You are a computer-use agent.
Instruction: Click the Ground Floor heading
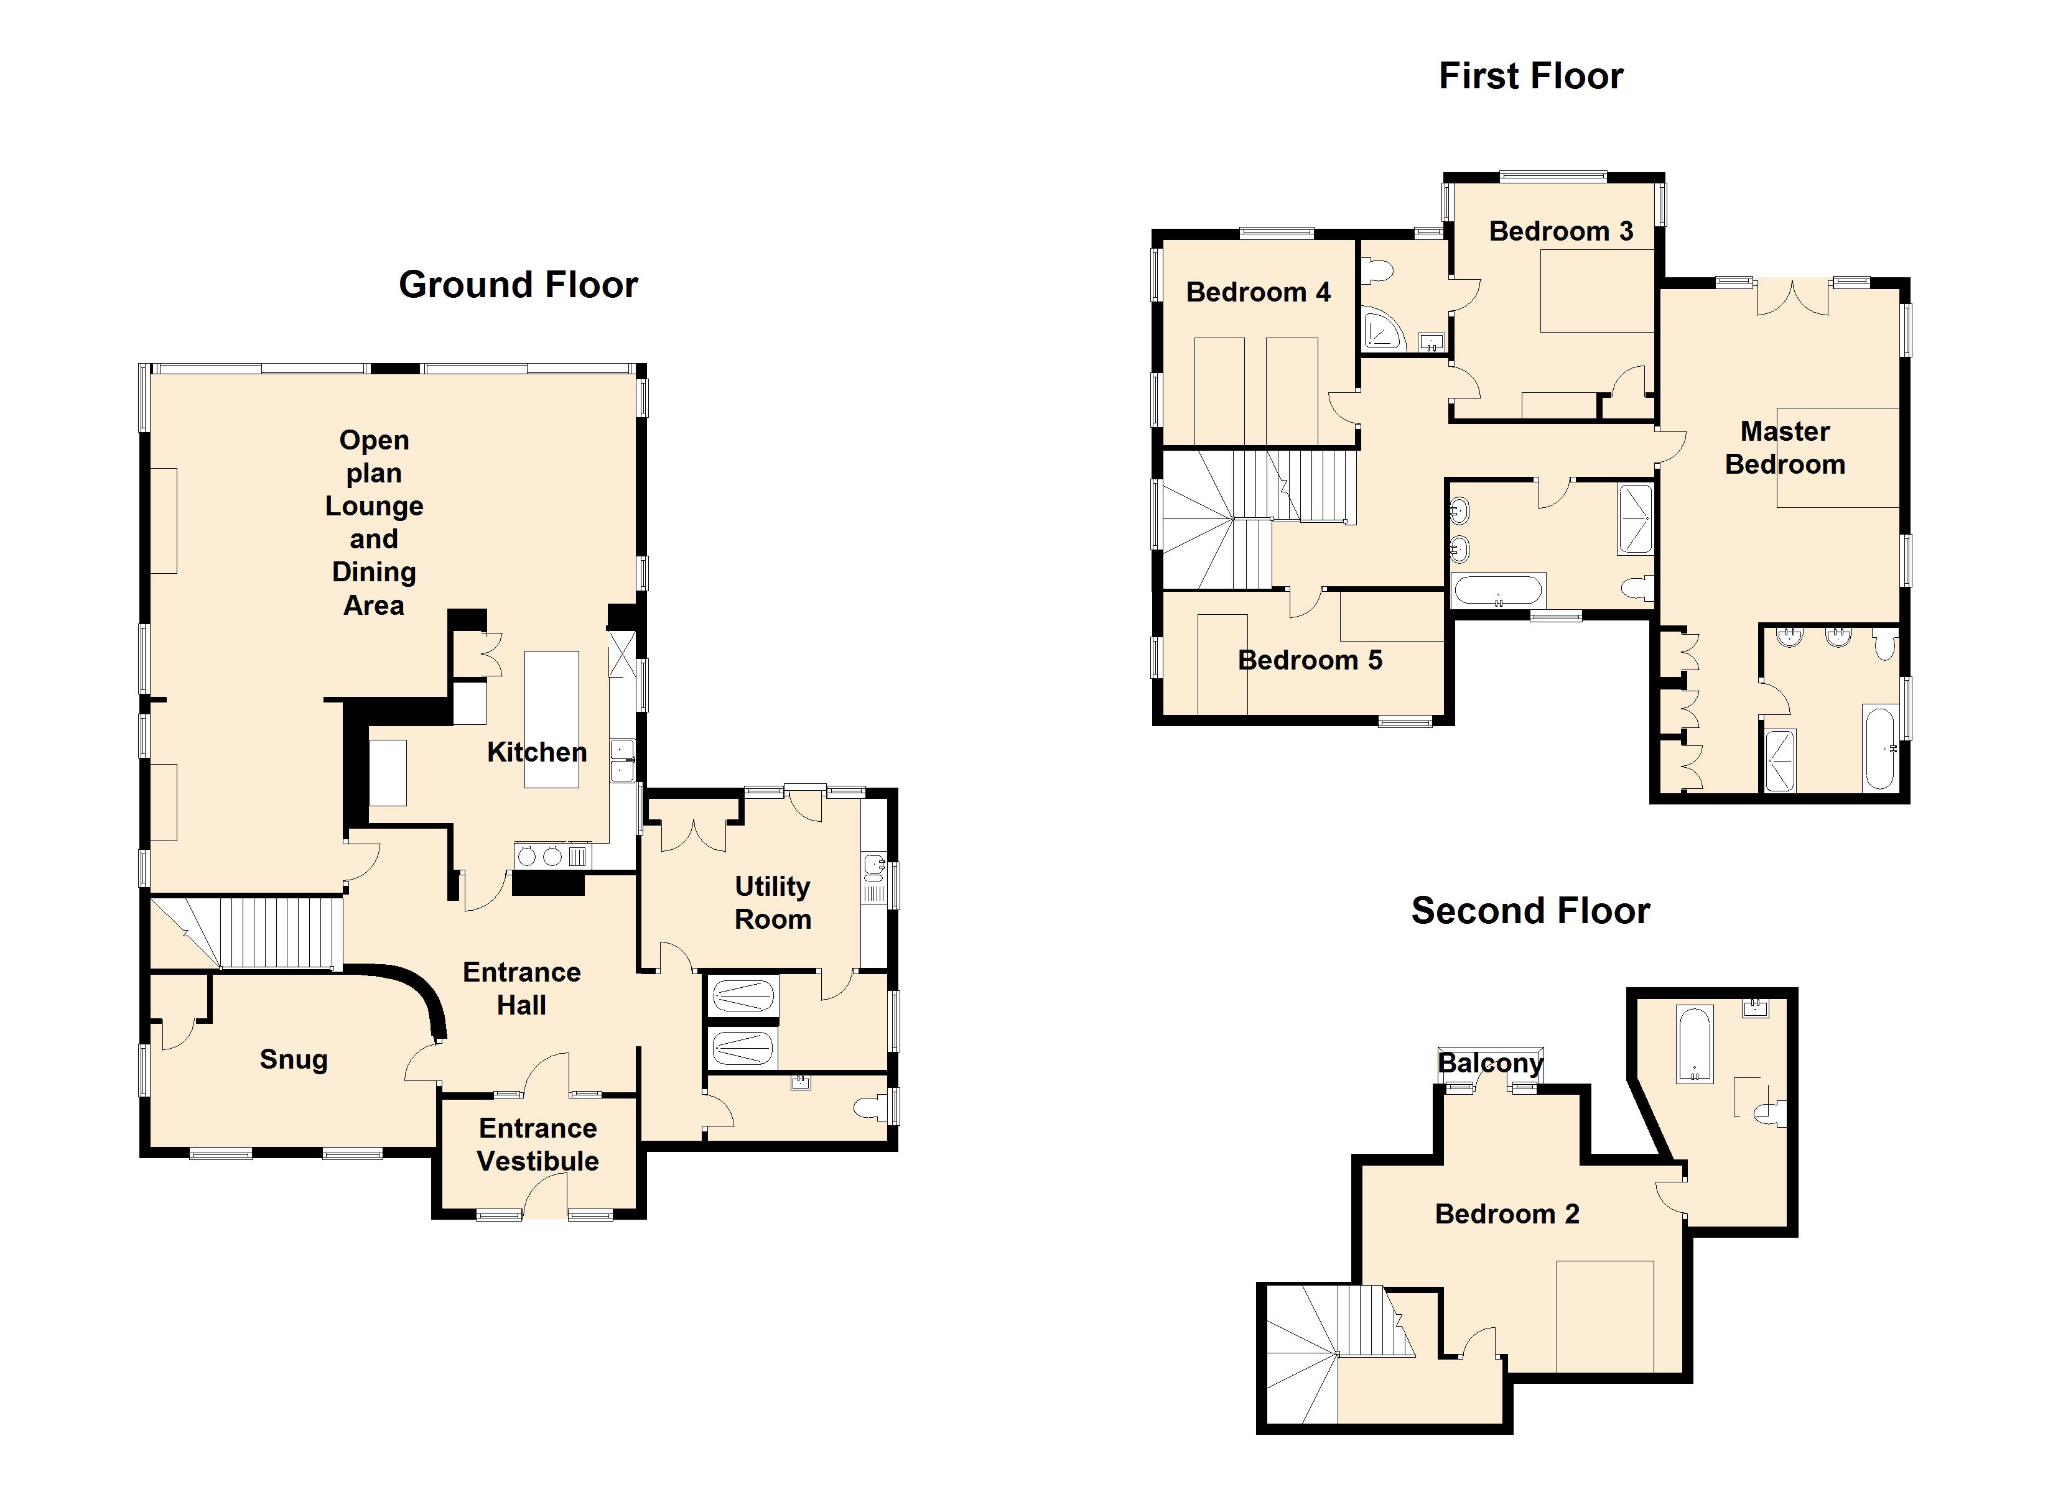pyautogui.click(x=519, y=285)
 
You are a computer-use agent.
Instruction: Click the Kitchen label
pyautogui.click(x=537, y=752)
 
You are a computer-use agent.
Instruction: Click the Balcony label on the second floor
pyautogui.click(x=1490, y=1063)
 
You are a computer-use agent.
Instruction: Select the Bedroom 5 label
pyautogui.click(x=1310, y=660)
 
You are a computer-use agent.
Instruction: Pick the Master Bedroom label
pyautogui.click(x=1785, y=448)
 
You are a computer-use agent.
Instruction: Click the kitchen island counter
pyautogui.click(x=552, y=719)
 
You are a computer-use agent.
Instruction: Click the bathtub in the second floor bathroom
pyautogui.click(x=1695, y=1044)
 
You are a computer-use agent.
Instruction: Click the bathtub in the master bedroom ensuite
pyautogui.click(x=1879, y=748)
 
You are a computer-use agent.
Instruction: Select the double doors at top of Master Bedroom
pyautogui.click(x=1792, y=298)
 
